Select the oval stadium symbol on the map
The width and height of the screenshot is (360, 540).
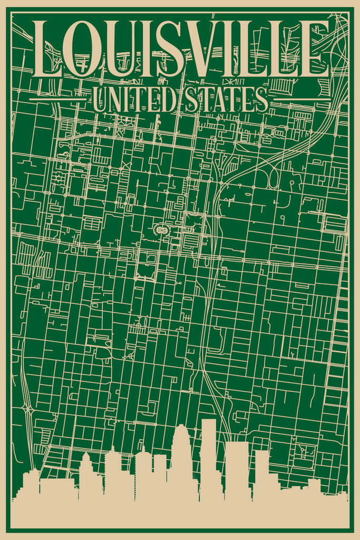point(160,230)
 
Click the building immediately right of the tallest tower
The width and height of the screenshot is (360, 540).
point(237,469)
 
